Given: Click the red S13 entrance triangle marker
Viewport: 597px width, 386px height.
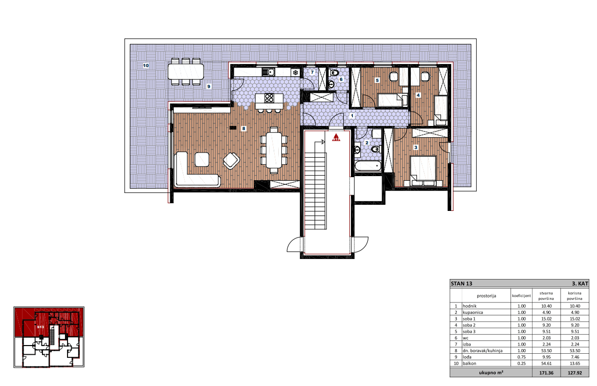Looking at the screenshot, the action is [336, 138].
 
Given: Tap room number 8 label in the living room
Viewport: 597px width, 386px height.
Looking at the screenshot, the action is [244, 128].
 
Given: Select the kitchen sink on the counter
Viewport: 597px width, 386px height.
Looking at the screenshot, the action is [269, 72].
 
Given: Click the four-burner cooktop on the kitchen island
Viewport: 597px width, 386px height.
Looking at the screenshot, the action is [270, 98].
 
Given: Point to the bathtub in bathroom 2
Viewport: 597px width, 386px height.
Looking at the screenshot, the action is [367, 166].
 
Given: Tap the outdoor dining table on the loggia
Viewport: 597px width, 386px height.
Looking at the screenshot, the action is [185, 71].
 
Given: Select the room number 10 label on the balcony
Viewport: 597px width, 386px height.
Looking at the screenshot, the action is [146, 66].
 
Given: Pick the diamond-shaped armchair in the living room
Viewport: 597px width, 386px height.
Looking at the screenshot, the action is [231, 160].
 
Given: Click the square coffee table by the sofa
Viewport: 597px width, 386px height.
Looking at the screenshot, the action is [202, 159].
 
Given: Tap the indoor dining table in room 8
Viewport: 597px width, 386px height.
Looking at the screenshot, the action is [274, 150].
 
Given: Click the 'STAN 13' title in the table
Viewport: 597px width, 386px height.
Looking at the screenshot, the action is [461, 284].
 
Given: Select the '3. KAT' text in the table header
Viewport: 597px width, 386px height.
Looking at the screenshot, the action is [580, 284].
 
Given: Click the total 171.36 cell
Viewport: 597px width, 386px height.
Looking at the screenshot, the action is [546, 373].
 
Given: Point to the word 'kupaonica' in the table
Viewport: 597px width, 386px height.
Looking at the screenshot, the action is [473, 312].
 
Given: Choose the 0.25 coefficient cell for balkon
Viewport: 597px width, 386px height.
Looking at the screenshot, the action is [521, 363].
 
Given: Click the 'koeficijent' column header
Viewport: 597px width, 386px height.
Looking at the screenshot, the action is [521, 296].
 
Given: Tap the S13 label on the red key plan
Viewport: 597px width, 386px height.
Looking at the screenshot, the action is [40, 327].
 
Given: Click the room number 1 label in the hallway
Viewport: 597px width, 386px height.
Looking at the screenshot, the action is [352, 116].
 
